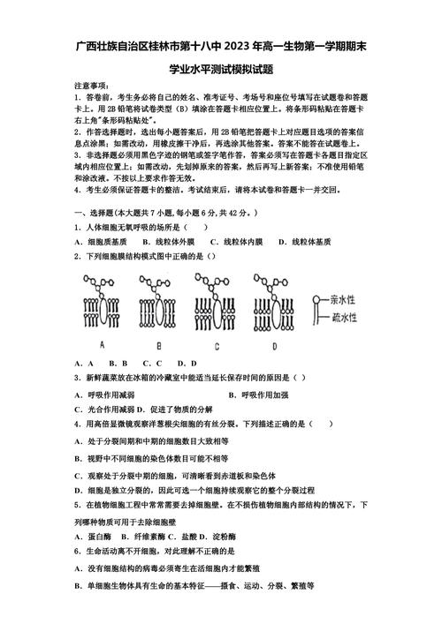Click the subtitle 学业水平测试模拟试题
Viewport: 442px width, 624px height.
pyautogui.click(x=221, y=69)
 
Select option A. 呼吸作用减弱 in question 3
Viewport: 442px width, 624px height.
pyautogui.click(x=105, y=394)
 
